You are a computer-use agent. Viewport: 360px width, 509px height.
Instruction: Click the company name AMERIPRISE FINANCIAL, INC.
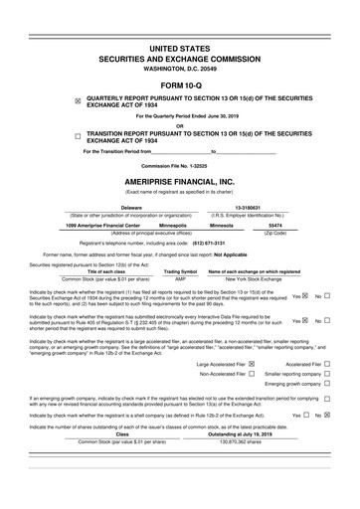tap(180, 182)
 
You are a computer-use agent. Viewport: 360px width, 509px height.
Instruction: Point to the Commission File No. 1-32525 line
tap(180, 164)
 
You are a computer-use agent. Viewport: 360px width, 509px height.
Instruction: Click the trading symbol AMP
tap(180, 278)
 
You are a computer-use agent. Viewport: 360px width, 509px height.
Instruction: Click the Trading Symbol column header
tap(180, 271)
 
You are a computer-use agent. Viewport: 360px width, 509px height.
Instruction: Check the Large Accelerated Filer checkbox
tap(254, 364)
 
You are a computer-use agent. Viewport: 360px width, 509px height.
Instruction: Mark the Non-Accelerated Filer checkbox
tap(254, 375)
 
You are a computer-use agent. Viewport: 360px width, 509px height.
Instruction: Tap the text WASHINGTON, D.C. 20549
tap(180, 66)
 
